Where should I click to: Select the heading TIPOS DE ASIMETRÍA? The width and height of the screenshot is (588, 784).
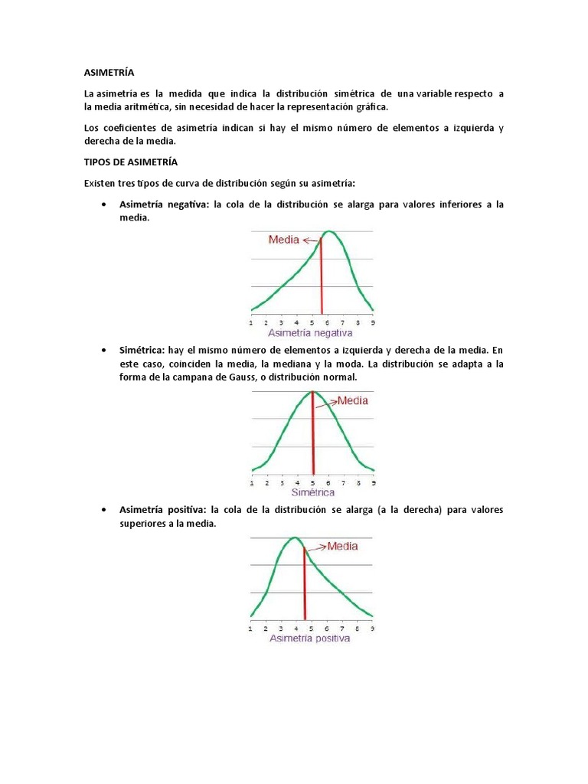(130, 162)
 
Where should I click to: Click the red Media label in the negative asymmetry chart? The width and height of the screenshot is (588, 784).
(284, 240)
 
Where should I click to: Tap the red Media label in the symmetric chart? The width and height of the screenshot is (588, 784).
(352, 400)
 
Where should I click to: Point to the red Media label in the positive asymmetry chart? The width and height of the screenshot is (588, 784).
(342, 547)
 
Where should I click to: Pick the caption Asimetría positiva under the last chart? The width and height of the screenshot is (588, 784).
(309, 638)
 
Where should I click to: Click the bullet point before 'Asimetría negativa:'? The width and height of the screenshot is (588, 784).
(103, 205)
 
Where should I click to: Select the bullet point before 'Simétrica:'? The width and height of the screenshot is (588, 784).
(103, 350)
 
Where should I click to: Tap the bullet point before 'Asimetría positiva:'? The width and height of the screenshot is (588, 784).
(103, 510)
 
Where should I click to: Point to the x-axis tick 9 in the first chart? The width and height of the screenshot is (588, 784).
(373, 323)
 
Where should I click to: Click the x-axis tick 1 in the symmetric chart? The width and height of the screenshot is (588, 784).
(252, 483)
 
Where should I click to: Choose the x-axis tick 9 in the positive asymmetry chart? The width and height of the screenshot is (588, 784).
(373, 628)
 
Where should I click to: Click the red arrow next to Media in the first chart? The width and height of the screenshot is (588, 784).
(310, 240)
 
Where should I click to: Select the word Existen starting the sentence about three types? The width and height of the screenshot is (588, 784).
(100, 183)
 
